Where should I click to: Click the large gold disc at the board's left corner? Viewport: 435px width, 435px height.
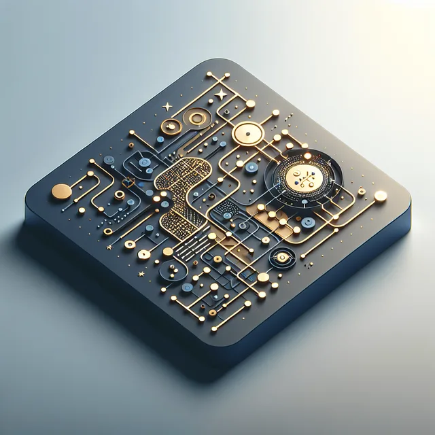[61, 192]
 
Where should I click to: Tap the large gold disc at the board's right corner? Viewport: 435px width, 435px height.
[381, 196]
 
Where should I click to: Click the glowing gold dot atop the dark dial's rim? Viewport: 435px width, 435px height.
[307, 156]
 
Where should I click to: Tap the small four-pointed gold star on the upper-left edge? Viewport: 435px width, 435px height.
[167, 106]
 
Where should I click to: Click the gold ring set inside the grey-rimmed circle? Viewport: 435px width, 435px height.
[197, 119]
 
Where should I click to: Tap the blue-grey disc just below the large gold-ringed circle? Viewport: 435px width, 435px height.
[251, 167]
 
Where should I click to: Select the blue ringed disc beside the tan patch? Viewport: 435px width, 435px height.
[309, 222]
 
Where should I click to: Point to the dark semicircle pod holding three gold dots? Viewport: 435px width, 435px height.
[172, 272]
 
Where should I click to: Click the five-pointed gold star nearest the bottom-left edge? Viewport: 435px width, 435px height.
[141, 273]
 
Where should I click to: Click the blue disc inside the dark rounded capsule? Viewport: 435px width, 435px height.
[144, 163]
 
